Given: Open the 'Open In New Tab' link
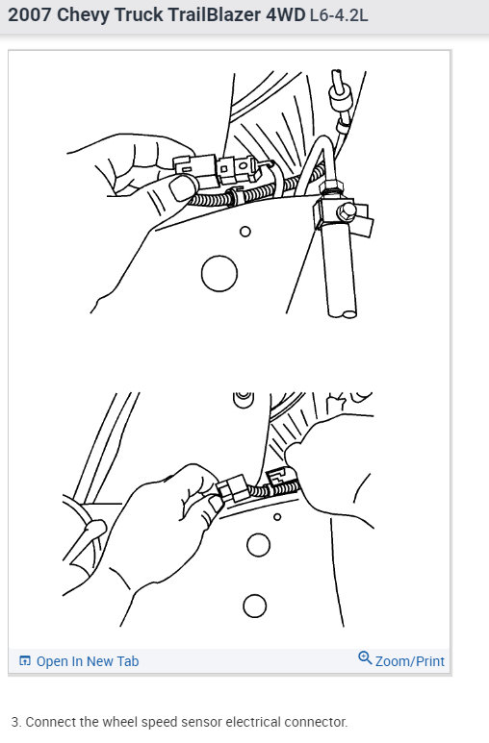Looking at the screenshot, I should tap(87, 661).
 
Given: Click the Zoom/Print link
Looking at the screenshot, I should tap(409, 660).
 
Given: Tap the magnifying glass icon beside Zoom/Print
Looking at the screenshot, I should tap(365, 658).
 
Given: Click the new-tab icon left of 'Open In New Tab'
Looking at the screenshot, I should tap(25, 661).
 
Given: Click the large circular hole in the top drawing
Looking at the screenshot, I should tap(219, 273).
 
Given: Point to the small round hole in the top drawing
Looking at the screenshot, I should tap(245, 232).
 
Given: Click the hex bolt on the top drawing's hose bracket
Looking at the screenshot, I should tap(347, 209).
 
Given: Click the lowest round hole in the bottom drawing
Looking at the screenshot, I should tap(254, 606).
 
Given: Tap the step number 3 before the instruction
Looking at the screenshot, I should tap(15, 722).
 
